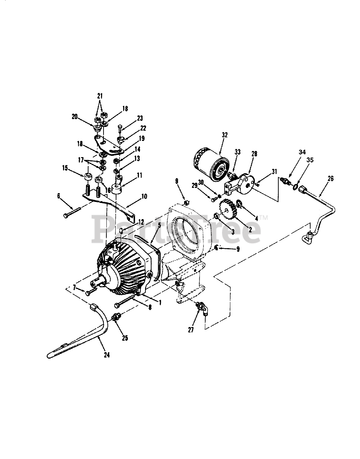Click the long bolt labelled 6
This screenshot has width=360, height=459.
72,212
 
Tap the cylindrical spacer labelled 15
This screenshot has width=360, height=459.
88,177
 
